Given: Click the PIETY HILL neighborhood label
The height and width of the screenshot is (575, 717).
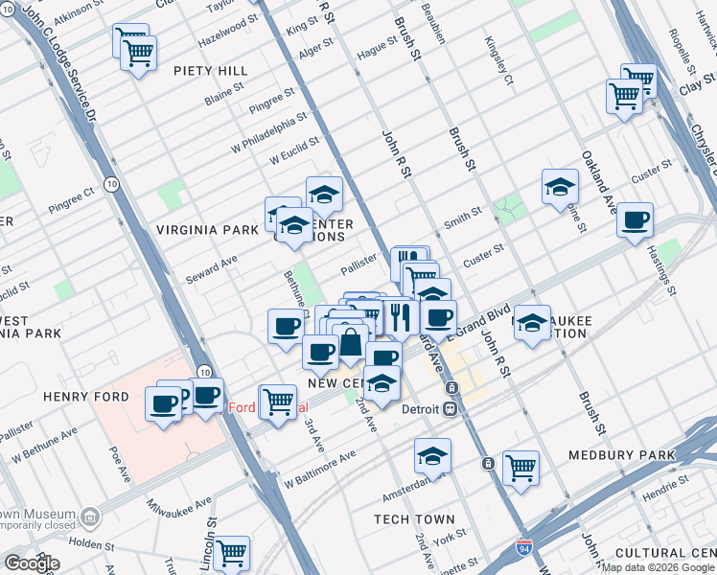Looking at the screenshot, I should click(211, 71).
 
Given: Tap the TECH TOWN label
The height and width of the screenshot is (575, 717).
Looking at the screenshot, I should click(414, 519).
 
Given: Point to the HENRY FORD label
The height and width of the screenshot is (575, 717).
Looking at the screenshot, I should click(80, 396).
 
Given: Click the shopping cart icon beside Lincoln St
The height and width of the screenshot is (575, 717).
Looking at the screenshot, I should click(231, 552).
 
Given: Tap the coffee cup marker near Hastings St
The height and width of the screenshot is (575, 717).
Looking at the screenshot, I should click(635, 219).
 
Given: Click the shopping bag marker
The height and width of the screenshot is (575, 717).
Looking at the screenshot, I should click(352, 342).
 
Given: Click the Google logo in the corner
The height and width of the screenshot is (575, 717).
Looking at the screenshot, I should click(31, 563).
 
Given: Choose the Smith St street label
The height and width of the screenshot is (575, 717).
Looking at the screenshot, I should click(462, 219).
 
